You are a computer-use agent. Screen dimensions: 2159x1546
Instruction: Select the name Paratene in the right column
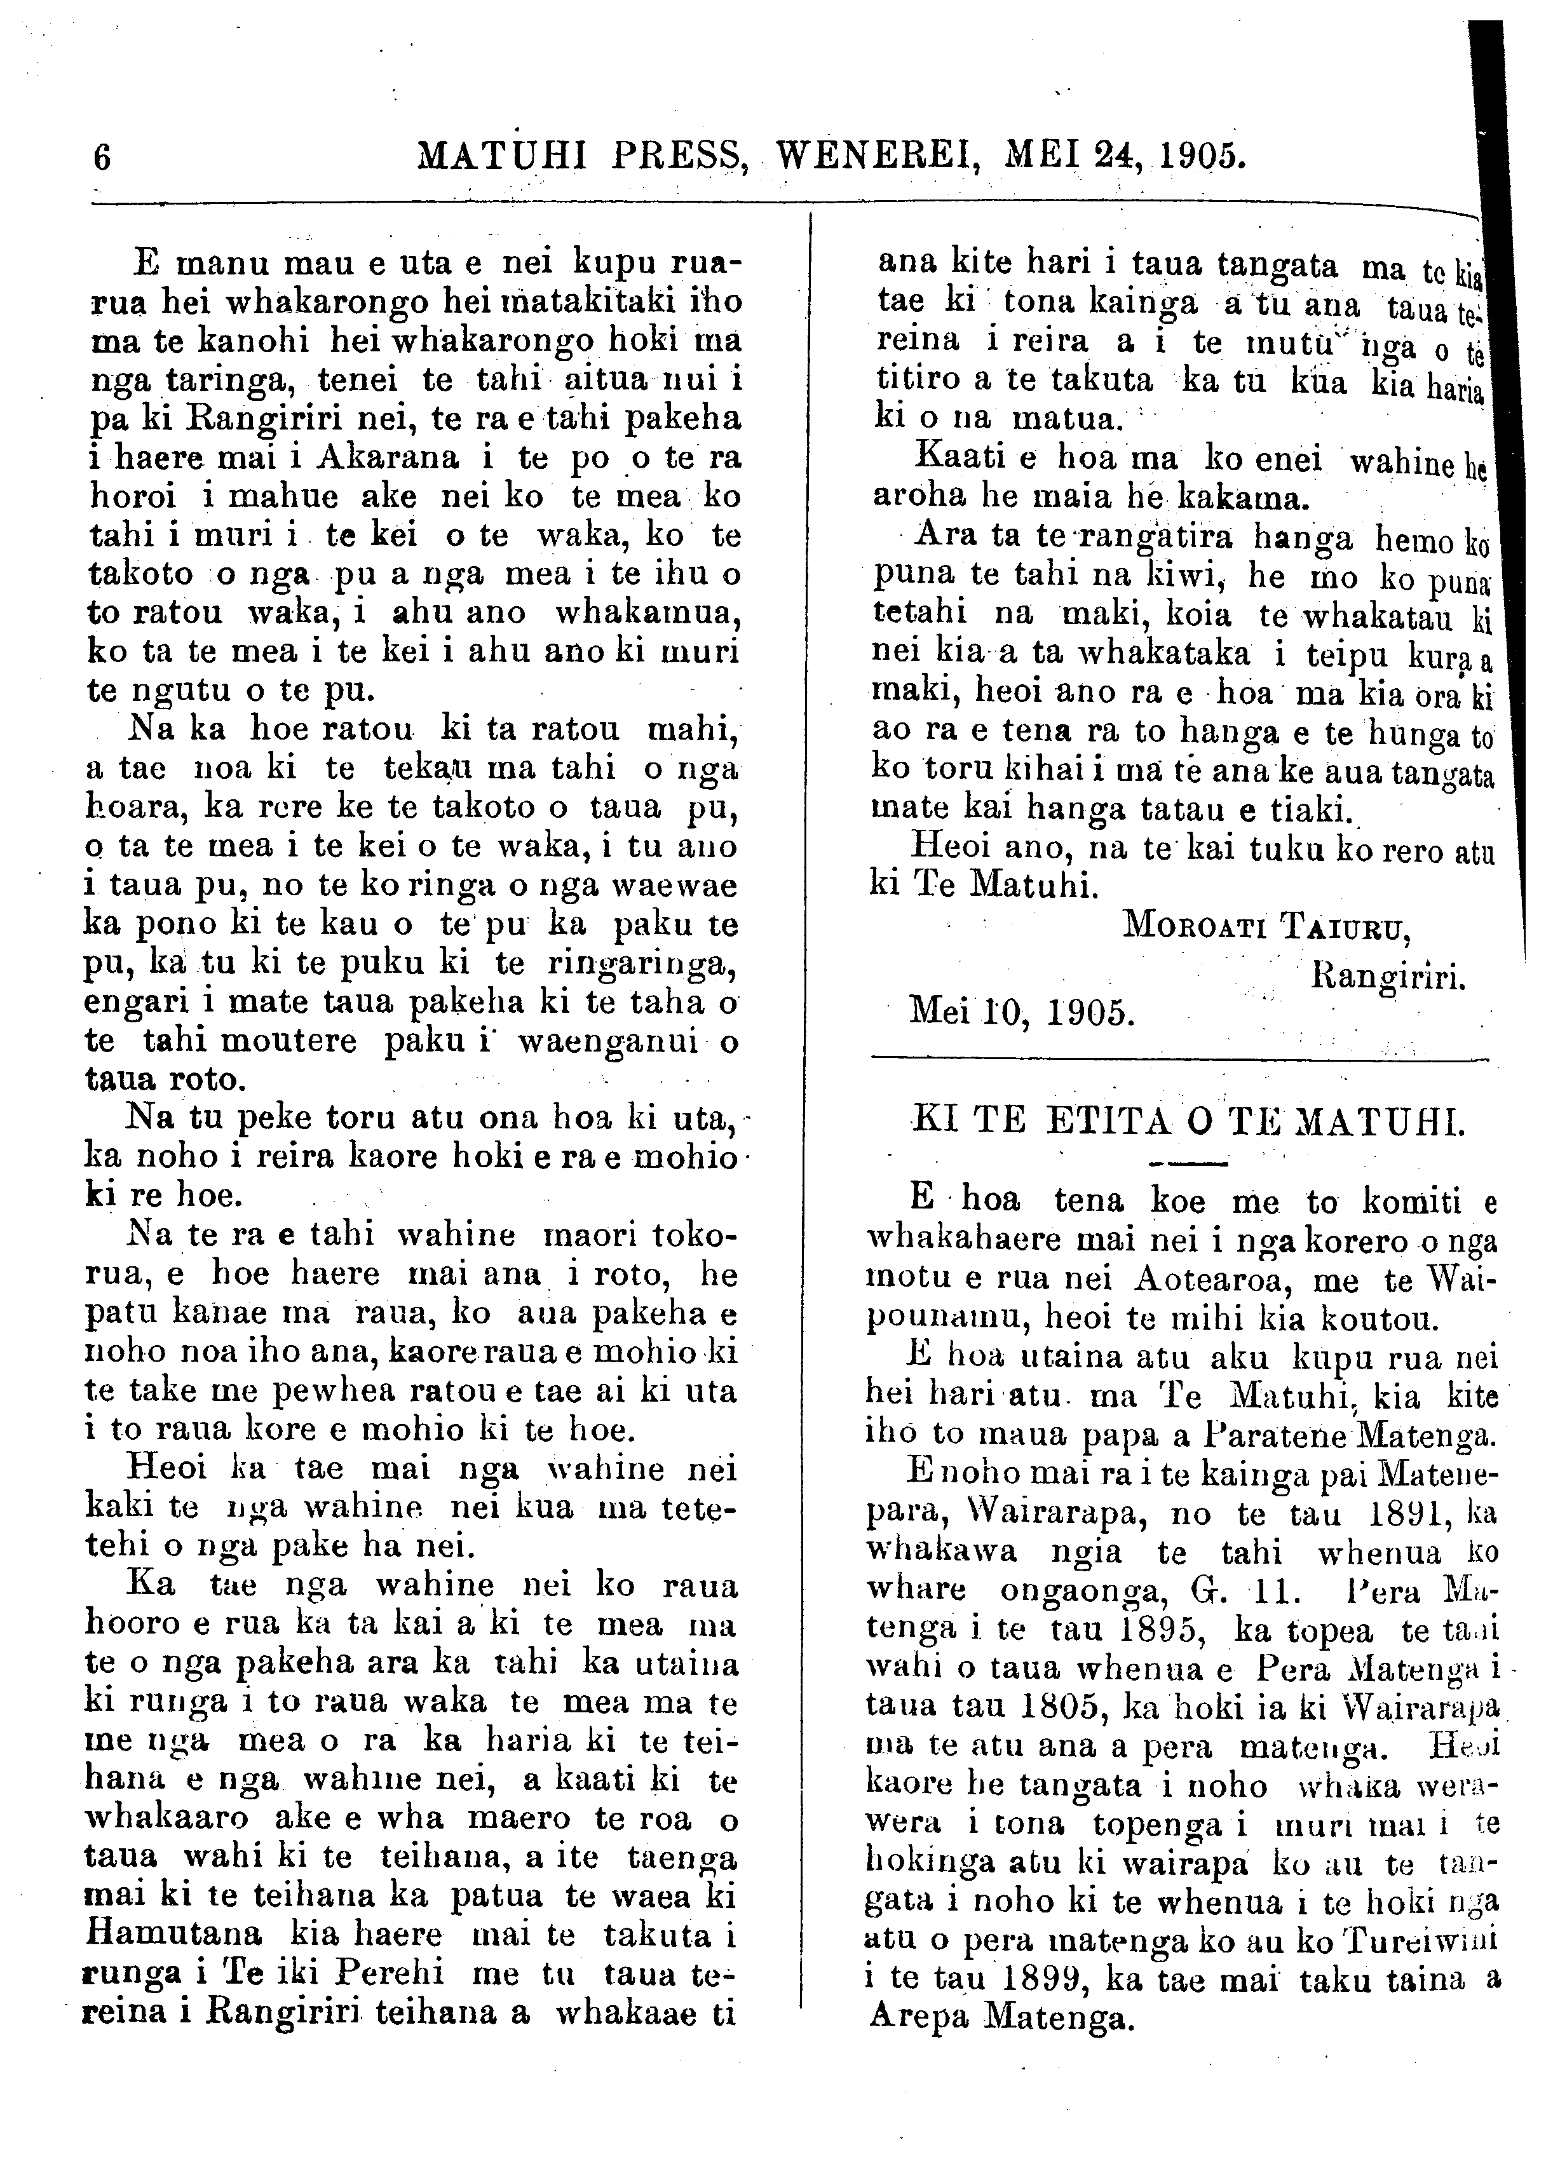pyautogui.click(x=1263, y=1435)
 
